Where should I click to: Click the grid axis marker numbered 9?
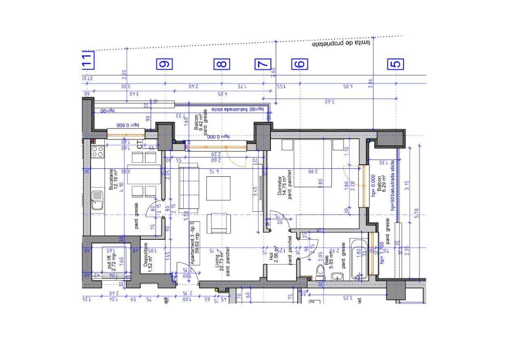point(165,64)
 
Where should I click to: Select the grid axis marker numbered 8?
point(222,64)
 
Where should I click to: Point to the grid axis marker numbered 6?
point(300,64)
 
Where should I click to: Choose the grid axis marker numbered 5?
point(396,64)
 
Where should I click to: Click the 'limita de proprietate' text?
point(341,43)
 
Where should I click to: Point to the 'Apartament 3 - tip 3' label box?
point(195,243)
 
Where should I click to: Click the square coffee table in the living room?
point(218,188)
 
